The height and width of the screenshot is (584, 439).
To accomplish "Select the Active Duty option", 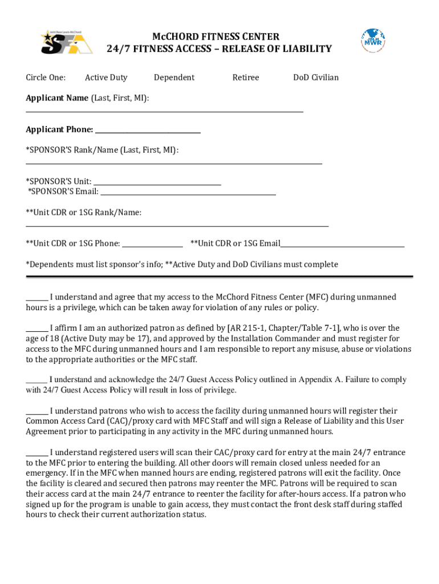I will pos(106,78).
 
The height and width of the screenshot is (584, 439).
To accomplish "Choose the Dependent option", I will pos(174,78).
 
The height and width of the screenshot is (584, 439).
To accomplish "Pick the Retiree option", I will pos(246,78).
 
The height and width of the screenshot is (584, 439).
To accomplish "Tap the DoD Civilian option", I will pos(316,78).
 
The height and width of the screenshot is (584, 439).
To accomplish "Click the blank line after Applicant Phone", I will pos(148,132).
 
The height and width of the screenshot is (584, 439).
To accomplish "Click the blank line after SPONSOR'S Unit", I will pos(157,184).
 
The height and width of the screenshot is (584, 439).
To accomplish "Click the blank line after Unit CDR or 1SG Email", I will pos(343,246).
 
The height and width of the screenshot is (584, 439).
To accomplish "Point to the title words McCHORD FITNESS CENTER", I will pos(219,37).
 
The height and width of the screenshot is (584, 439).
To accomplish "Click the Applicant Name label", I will pos(57,98).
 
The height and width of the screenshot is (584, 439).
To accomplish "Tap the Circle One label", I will pos(46,78).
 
